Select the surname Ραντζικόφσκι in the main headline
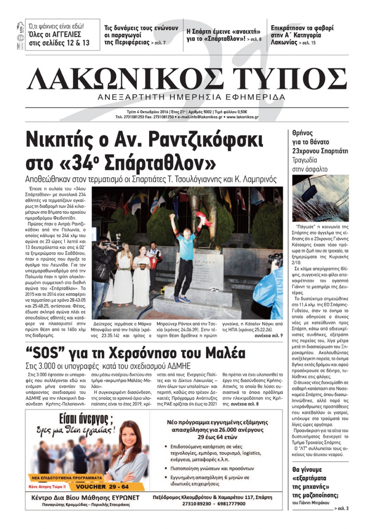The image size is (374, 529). (x=206, y=140)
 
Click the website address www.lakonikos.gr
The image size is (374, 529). (x=242, y=117)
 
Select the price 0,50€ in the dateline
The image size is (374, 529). (x=241, y=112)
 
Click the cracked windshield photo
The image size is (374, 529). (x=320, y=198)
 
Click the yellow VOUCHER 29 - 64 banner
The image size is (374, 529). (x=102, y=487)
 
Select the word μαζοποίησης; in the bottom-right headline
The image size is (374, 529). (x=315, y=495)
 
